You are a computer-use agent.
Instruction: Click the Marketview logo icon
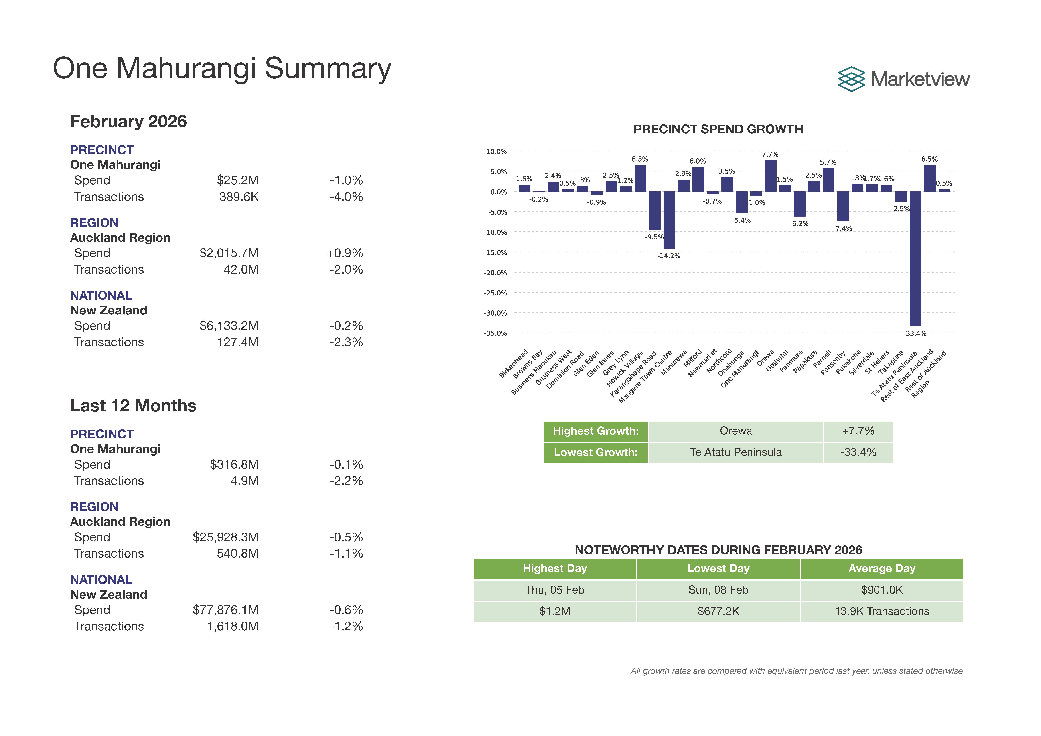tap(851, 79)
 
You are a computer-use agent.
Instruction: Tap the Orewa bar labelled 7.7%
tap(770, 176)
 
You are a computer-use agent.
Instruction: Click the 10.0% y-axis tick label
tap(496, 151)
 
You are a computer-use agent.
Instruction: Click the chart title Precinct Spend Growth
tap(718, 129)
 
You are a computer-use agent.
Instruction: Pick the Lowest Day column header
tap(718, 569)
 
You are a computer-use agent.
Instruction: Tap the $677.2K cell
tap(718, 611)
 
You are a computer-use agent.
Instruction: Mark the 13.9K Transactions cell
tap(881, 611)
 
